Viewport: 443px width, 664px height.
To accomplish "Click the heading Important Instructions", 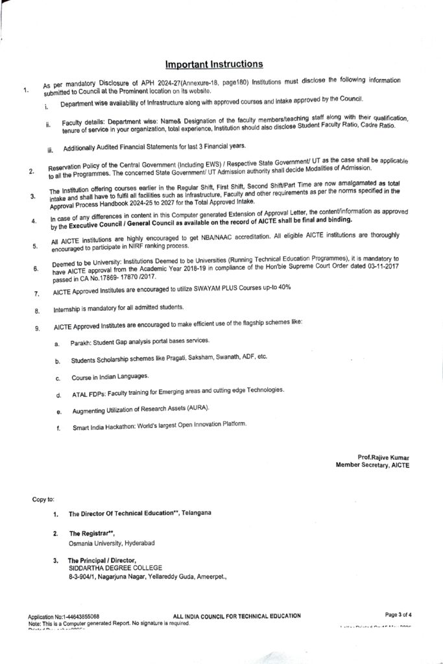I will click(214, 64).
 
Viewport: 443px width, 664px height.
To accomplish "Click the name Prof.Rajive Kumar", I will click(383, 457).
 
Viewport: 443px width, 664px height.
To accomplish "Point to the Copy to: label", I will click(43, 499).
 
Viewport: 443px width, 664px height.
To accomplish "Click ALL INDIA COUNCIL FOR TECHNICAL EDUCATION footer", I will click(237, 615).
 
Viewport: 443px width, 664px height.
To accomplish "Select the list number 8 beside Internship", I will click(37, 311).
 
